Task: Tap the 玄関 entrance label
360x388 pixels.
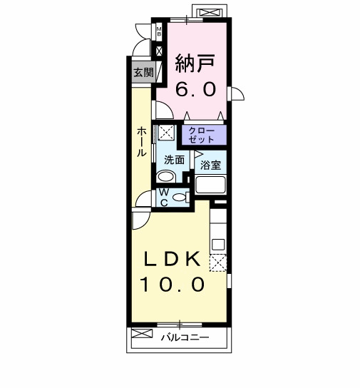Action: (143, 72)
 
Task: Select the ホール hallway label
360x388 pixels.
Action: (143, 143)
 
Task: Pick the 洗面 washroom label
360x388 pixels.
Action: (175, 160)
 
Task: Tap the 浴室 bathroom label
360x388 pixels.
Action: (210, 165)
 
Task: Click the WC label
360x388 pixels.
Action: (163, 197)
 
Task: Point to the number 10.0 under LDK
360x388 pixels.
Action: (172, 285)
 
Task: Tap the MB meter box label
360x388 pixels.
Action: (159, 31)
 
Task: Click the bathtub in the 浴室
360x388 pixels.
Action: (210, 185)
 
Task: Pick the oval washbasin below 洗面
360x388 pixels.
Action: (166, 177)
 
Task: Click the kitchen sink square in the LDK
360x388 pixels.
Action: (217, 245)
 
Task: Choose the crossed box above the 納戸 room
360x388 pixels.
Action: (210, 12)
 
